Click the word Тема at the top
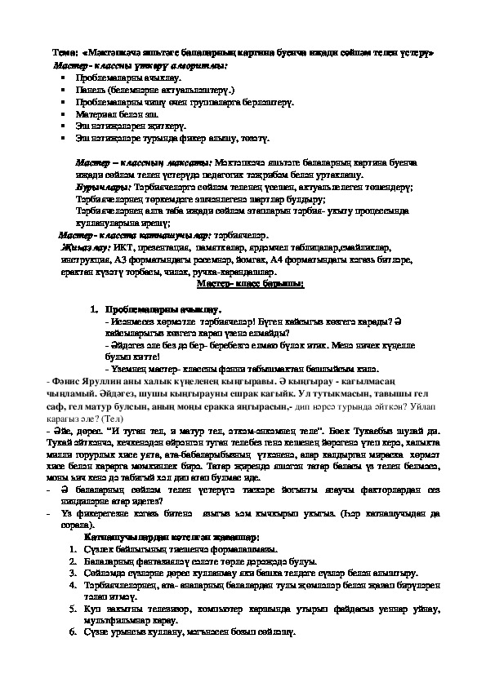coord(62,51)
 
